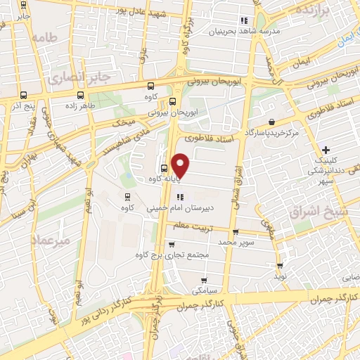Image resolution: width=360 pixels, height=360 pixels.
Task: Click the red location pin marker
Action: click(x=181, y=165)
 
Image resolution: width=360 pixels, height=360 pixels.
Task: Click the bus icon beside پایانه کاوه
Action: click(x=164, y=168)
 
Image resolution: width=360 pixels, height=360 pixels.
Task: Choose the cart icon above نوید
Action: click(x=281, y=265)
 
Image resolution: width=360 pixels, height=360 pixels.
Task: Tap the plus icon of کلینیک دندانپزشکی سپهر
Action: click(x=326, y=150)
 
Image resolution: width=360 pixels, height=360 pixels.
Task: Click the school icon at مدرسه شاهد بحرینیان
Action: click(x=245, y=20)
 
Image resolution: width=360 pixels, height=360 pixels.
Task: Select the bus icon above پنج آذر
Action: click(x=23, y=95)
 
